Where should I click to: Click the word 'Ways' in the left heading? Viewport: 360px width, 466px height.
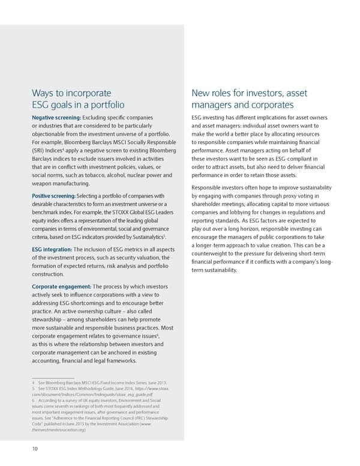[44, 92]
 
